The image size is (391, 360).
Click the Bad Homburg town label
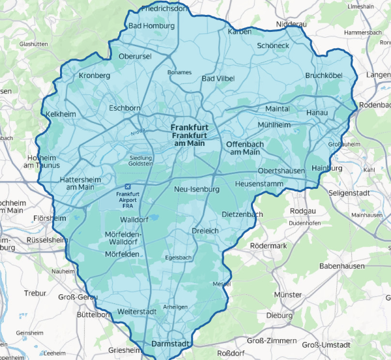(x=152, y=26)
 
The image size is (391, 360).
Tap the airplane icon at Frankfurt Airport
(x=127, y=186)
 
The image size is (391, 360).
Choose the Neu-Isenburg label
(x=197, y=189)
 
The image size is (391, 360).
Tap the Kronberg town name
(x=94, y=76)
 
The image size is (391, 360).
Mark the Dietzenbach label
(x=242, y=214)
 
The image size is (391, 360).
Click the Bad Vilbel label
(x=217, y=79)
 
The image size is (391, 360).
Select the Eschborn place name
(x=125, y=108)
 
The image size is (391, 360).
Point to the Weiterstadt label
(x=138, y=312)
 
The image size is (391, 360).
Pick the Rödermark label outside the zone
(x=268, y=245)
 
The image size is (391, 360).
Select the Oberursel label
(x=135, y=57)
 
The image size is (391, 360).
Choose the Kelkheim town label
(x=62, y=115)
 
